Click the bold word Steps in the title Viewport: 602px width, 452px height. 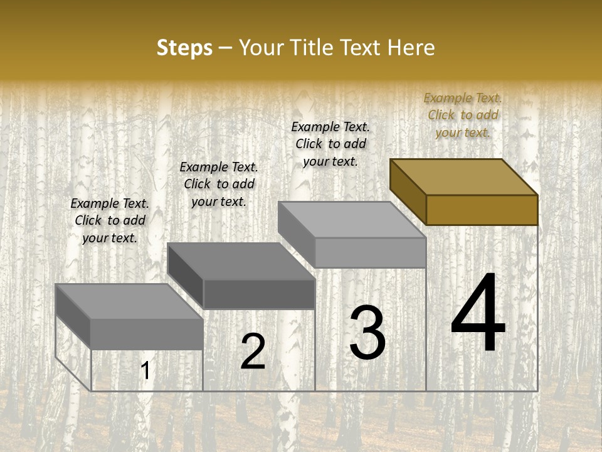tap(184, 48)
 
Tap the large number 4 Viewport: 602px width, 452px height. tap(478, 313)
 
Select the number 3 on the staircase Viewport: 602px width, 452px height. tap(367, 332)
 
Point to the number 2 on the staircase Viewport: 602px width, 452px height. tap(253, 352)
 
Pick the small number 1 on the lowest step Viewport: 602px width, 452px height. tap(145, 371)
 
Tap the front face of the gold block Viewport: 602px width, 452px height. tap(482, 210)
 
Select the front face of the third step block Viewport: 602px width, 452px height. tap(370, 252)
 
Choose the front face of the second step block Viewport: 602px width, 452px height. tap(259, 294)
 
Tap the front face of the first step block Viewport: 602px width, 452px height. tap(147, 334)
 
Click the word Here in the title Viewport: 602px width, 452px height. tap(411, 48)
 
